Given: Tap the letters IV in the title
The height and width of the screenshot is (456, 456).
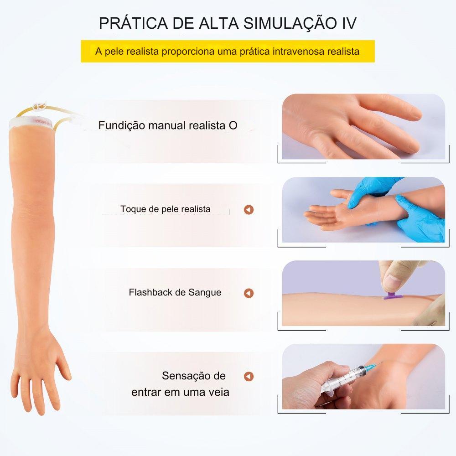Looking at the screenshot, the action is point(349,23).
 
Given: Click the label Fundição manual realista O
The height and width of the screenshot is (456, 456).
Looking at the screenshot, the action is point(168,125).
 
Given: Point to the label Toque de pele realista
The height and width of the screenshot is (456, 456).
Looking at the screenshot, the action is point(165,209).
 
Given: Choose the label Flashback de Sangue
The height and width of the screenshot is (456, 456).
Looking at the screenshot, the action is point(175,292).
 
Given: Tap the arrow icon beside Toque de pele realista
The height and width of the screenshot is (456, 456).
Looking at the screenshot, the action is point(249,209).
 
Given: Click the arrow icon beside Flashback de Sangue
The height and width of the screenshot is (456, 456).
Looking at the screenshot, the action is point(249,293).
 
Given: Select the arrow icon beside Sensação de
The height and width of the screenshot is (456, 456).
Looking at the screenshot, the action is point(249,376).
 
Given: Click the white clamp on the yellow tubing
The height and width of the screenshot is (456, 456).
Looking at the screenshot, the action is point(39,106).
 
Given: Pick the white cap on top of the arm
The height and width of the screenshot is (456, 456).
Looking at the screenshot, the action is point(31,124).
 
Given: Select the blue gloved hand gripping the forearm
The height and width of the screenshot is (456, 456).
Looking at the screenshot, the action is point(420,218).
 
